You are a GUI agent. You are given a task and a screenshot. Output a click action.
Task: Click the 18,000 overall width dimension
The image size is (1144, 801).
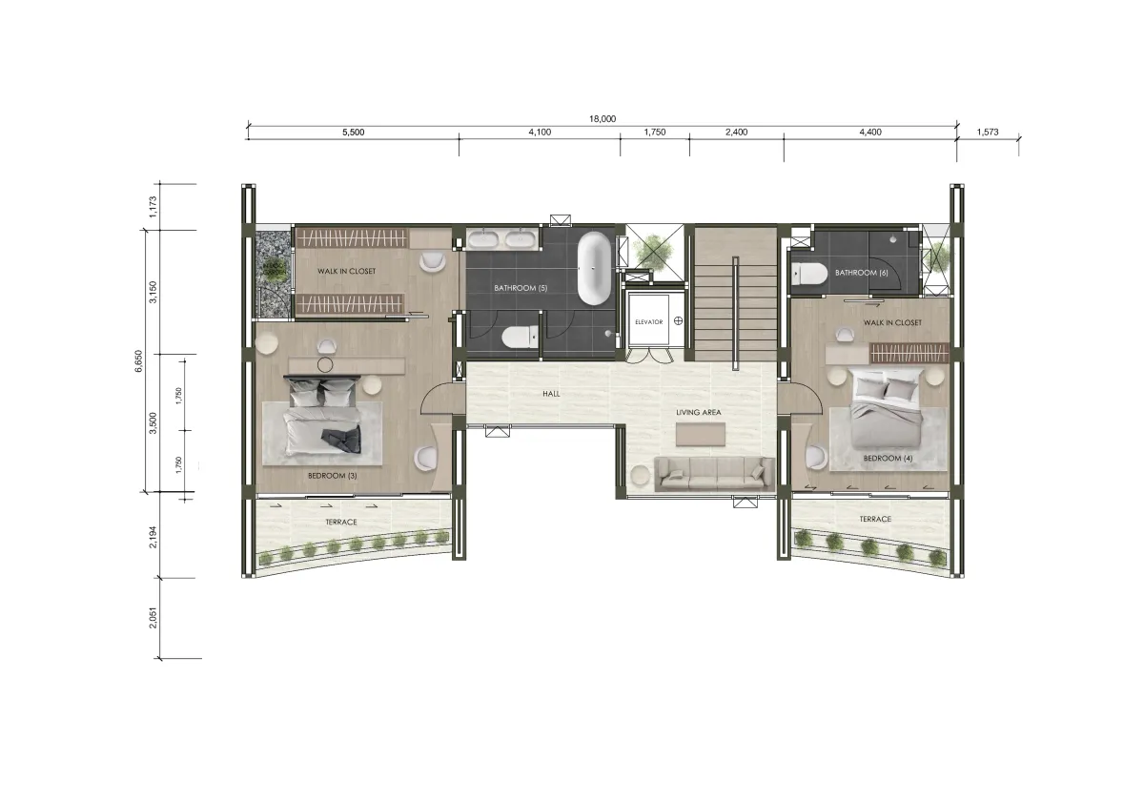pos(603,119)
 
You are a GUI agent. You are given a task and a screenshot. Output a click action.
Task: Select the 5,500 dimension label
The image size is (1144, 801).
pos(353,133)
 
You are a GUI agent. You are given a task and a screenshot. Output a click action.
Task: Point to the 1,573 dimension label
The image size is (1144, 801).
pos(988,132)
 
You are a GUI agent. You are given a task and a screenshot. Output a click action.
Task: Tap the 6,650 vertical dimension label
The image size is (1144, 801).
pos(139,361)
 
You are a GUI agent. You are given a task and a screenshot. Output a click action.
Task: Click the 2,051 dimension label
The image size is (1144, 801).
pos(153,618)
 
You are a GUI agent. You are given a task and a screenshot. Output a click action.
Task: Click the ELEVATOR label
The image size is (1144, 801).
pos(648,322)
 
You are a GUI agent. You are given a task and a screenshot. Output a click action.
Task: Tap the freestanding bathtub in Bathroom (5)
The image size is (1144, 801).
pos(593,268)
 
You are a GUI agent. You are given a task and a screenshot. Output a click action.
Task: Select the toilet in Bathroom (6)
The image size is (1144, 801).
pos(809,274)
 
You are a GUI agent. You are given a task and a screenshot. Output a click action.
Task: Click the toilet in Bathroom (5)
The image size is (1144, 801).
pos(520,338)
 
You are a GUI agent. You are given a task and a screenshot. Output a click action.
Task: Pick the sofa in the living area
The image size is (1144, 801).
pos(714,474)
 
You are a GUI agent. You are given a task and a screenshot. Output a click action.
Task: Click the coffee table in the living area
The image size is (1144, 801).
pos(700,434)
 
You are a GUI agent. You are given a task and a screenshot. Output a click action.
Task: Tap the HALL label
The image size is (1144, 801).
pos(551,394)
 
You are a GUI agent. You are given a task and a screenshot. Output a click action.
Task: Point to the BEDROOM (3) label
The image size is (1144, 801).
pos(333,476)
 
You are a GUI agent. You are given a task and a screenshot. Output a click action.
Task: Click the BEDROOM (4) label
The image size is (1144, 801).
pos(888,459)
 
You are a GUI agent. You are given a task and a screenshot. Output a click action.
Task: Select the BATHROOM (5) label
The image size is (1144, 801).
pos(521,288)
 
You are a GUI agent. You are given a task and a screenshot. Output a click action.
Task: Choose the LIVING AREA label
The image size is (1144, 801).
pos(699,412)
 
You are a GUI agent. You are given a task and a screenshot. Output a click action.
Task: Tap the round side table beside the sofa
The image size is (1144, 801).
pos(640,475)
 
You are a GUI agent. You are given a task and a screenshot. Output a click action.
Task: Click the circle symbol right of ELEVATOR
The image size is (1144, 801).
pos(678,320)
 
